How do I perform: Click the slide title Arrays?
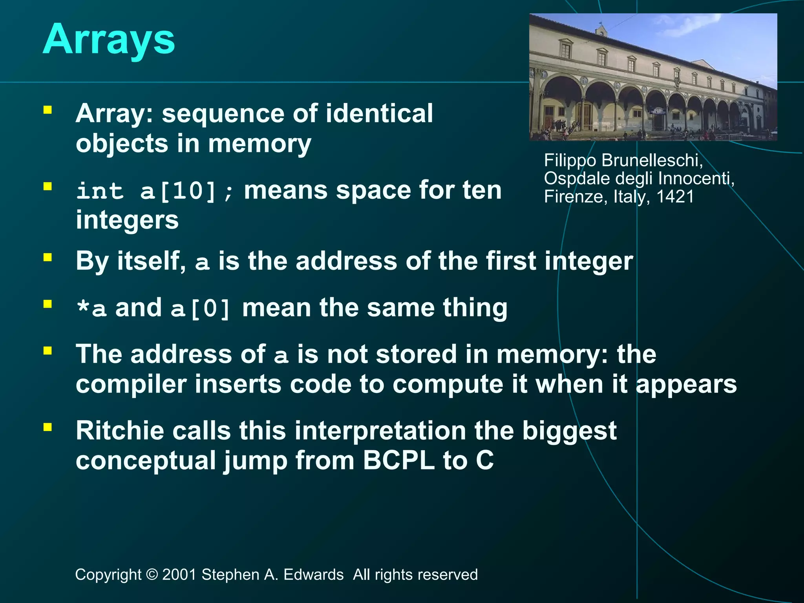tap(109, 40)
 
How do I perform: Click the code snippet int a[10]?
tap(155, 192)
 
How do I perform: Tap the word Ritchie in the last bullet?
tap(119, 431)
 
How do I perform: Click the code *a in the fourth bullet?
tap(91, 309)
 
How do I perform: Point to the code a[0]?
tap(201, 309)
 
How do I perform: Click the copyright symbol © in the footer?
tap(152, 575)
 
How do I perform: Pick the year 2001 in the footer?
tap(179, 575)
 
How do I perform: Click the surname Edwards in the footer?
tap(313, 575)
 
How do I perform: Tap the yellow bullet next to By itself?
tap(48, 258)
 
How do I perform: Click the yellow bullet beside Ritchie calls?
tap(48, 427)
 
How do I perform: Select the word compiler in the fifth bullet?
tap(131, 384)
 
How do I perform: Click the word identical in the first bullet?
tap(379, 113)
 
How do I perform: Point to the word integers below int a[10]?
tap(127, 220)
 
